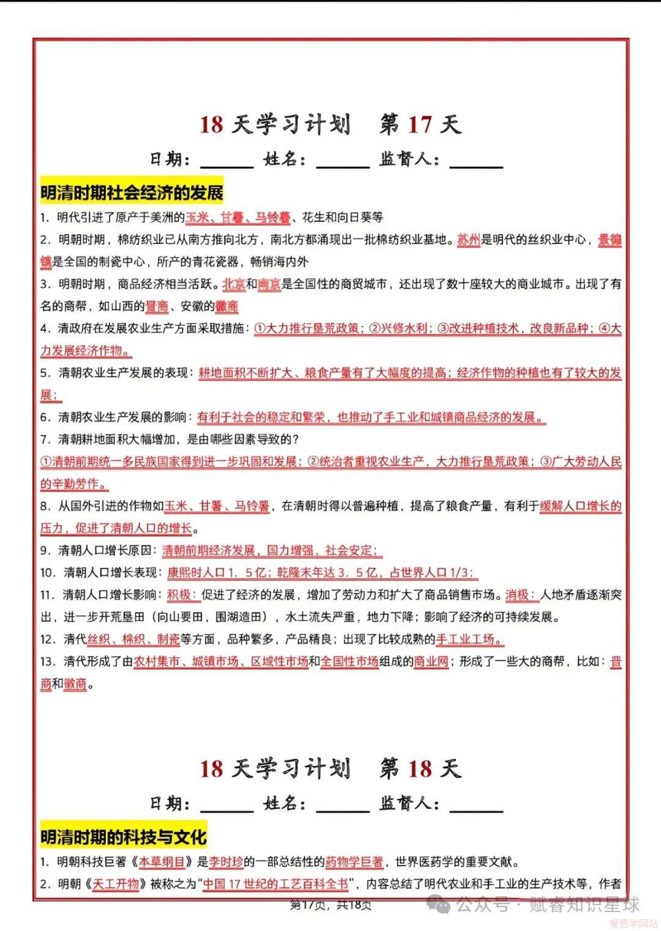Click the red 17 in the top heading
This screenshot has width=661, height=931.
point(419,125)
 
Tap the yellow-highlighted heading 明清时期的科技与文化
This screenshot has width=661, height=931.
point(123,836)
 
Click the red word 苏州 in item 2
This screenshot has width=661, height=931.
point(468,240)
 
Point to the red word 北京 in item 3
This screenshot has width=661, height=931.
point(234,284)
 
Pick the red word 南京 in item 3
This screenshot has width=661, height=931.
point(269,284)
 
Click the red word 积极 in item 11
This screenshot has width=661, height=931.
point(180,595)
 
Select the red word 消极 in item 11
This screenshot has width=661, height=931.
point(518,595)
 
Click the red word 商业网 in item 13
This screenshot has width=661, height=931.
point(431,661)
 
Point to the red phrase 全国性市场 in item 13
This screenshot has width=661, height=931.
point(349,661)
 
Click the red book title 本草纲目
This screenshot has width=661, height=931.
point(162,862)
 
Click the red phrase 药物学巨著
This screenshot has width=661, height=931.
point(354,862)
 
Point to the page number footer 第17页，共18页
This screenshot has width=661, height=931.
point(330,905)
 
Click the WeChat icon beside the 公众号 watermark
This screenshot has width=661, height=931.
point(441,904)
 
